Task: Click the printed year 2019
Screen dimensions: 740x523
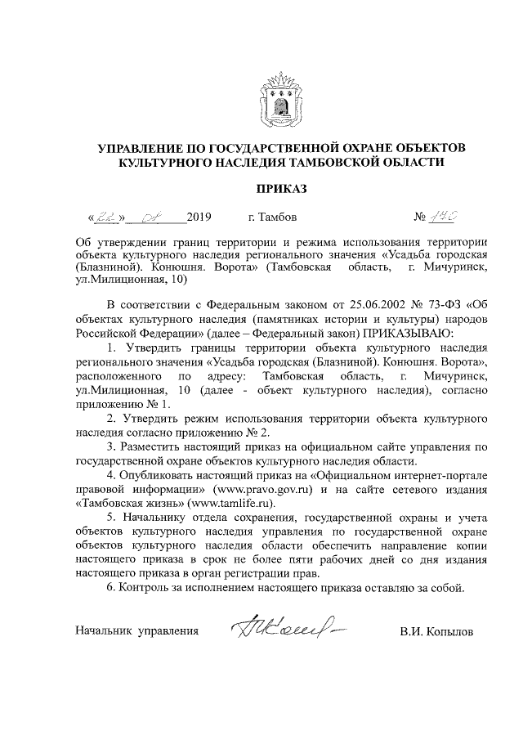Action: tap(199, 218)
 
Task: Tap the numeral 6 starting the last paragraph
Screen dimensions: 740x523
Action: tap(110, 587)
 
